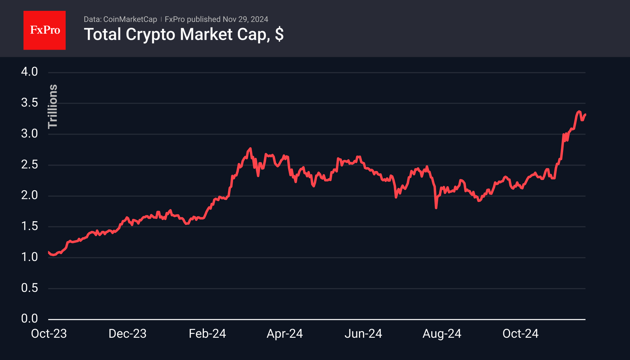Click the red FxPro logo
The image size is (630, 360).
45,30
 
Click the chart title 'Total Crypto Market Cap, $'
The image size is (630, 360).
183,34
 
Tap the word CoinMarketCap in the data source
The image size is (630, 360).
130,19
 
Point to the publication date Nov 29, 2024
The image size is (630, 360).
245,19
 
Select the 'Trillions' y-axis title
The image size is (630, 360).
53,106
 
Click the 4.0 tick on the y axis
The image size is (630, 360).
30,72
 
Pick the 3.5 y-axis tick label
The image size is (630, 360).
30,103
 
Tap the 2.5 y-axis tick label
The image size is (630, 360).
30,165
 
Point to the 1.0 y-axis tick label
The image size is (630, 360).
30,257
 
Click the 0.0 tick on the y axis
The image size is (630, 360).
30,319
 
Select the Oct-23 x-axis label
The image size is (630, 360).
49,334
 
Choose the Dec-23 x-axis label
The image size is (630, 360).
127,334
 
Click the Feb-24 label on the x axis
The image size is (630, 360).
207,334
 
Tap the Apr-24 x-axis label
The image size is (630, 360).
285,334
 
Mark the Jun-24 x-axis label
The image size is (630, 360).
363,334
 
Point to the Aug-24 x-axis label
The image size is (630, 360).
442,334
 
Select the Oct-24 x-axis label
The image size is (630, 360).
520,334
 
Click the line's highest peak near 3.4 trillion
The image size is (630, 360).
579,112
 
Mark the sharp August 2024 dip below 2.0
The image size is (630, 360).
436,207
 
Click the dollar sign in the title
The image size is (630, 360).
279,34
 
